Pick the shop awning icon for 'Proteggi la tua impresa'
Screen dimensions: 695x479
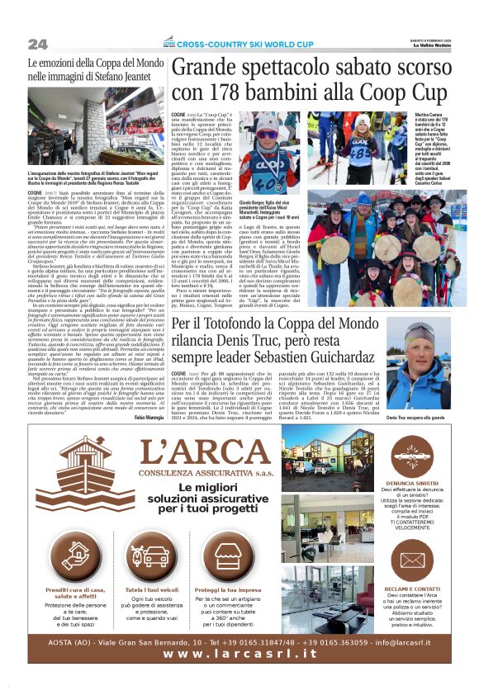(237, 561)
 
